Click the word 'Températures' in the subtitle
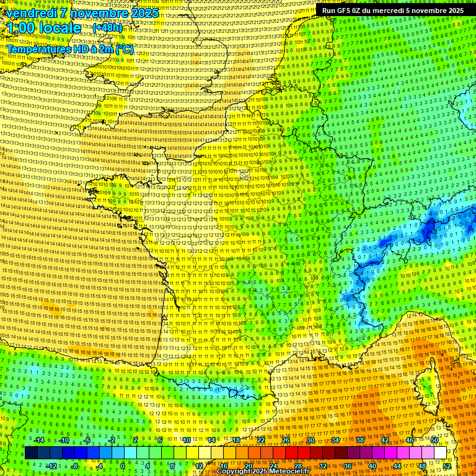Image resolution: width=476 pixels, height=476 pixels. [x=37, y=48]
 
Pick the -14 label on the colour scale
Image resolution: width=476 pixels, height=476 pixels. [x=39, y=440]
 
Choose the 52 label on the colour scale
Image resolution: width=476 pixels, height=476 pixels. [x=446, y=465]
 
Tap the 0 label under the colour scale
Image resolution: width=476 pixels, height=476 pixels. [x=123, y=465]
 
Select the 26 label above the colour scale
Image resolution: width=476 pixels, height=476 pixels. [x=286, y=440]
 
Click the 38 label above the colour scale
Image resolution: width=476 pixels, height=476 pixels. [x=360, y=440]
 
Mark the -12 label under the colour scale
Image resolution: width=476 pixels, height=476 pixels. [x=51, y=465]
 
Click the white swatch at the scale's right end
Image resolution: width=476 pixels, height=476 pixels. [x=440, y=453]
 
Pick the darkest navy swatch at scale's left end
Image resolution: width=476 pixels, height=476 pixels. [x=31, y=453]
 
